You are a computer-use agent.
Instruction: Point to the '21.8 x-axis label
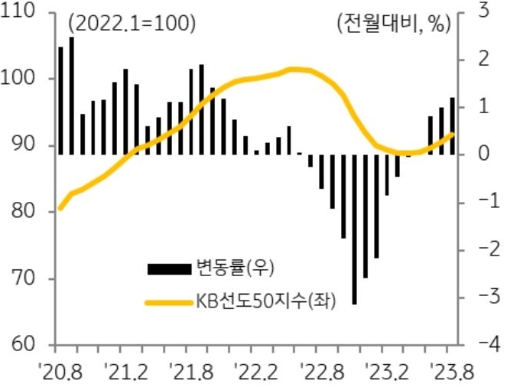[x=193, y=372]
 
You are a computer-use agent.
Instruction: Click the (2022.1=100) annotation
[x=132, y=24]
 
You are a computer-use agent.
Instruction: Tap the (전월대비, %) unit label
[x=391, y=24]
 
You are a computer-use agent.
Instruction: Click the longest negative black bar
[x=355, y=229]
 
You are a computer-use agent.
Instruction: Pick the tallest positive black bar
[x=72, y=96]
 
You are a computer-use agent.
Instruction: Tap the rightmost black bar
[x=453, y=126]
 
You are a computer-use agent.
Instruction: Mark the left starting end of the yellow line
[x=60, y=208]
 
